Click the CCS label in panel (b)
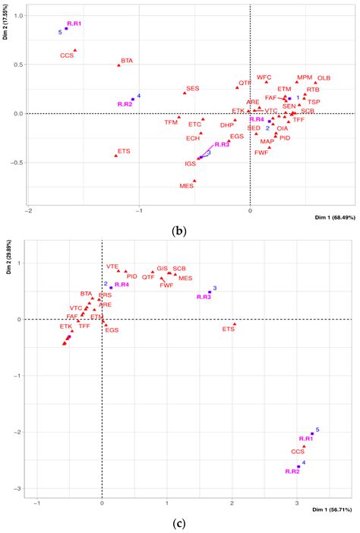67,55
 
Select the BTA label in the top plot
127,60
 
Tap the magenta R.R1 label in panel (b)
74,24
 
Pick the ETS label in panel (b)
124,151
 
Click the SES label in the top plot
193,88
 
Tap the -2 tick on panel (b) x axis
28,210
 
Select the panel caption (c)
179,523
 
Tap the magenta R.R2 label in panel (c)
293,471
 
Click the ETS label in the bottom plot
229,330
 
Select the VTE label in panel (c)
112,266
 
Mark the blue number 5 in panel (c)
317,430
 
